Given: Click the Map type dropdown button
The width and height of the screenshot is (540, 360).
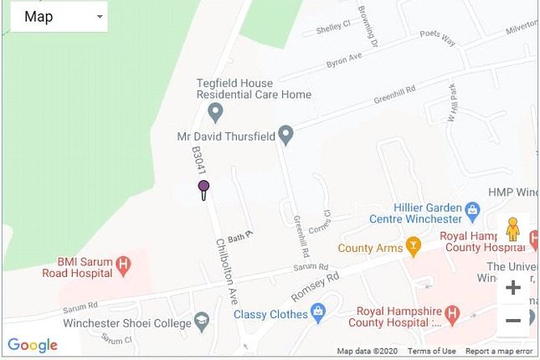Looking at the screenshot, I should [59, 17].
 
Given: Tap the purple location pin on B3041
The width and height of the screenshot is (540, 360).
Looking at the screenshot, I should [203, 188].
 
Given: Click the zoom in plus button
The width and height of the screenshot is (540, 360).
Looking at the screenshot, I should [512, 288].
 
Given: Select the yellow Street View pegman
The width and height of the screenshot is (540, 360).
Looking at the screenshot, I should [512, 229].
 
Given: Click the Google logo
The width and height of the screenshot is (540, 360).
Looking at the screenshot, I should [32, 345].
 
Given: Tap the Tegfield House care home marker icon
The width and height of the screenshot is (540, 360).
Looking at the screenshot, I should [215, 111].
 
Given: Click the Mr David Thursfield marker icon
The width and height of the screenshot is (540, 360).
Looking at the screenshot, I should [285, 134].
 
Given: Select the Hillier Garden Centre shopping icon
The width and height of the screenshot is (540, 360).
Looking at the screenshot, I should [472, 208].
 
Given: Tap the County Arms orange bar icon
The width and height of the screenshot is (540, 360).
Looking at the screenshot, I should [413, 246].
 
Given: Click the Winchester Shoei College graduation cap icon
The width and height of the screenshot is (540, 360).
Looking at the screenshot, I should [201, 321].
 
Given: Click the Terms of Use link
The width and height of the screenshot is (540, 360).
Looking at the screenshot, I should [432, 352].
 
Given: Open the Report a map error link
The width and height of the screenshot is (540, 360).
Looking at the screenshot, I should [499, 352].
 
